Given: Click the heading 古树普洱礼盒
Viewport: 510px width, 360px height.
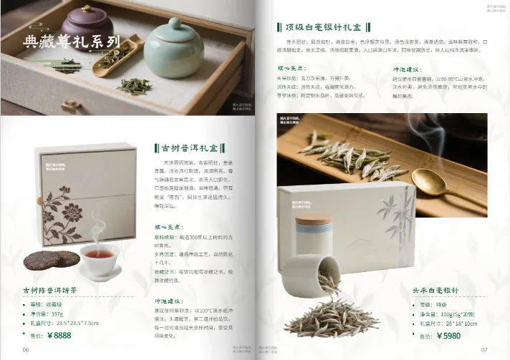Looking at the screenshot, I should click(x=191, y=148).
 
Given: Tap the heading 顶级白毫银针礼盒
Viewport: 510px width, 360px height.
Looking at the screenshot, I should click(x=323, y=27).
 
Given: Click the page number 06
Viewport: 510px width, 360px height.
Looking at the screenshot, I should click(x=26, y=349).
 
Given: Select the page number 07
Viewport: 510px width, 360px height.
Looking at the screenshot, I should click(x=483, y=349).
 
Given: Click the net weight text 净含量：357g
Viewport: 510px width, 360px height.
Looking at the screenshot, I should click(x=52, y=313).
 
